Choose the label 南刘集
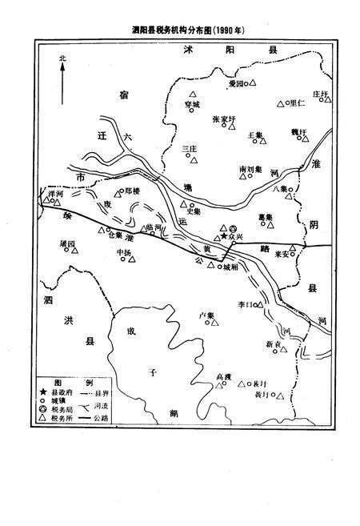pos(251,170)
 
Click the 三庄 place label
pos(190,148)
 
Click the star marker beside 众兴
pos(224,237)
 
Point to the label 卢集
pos(206,315)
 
